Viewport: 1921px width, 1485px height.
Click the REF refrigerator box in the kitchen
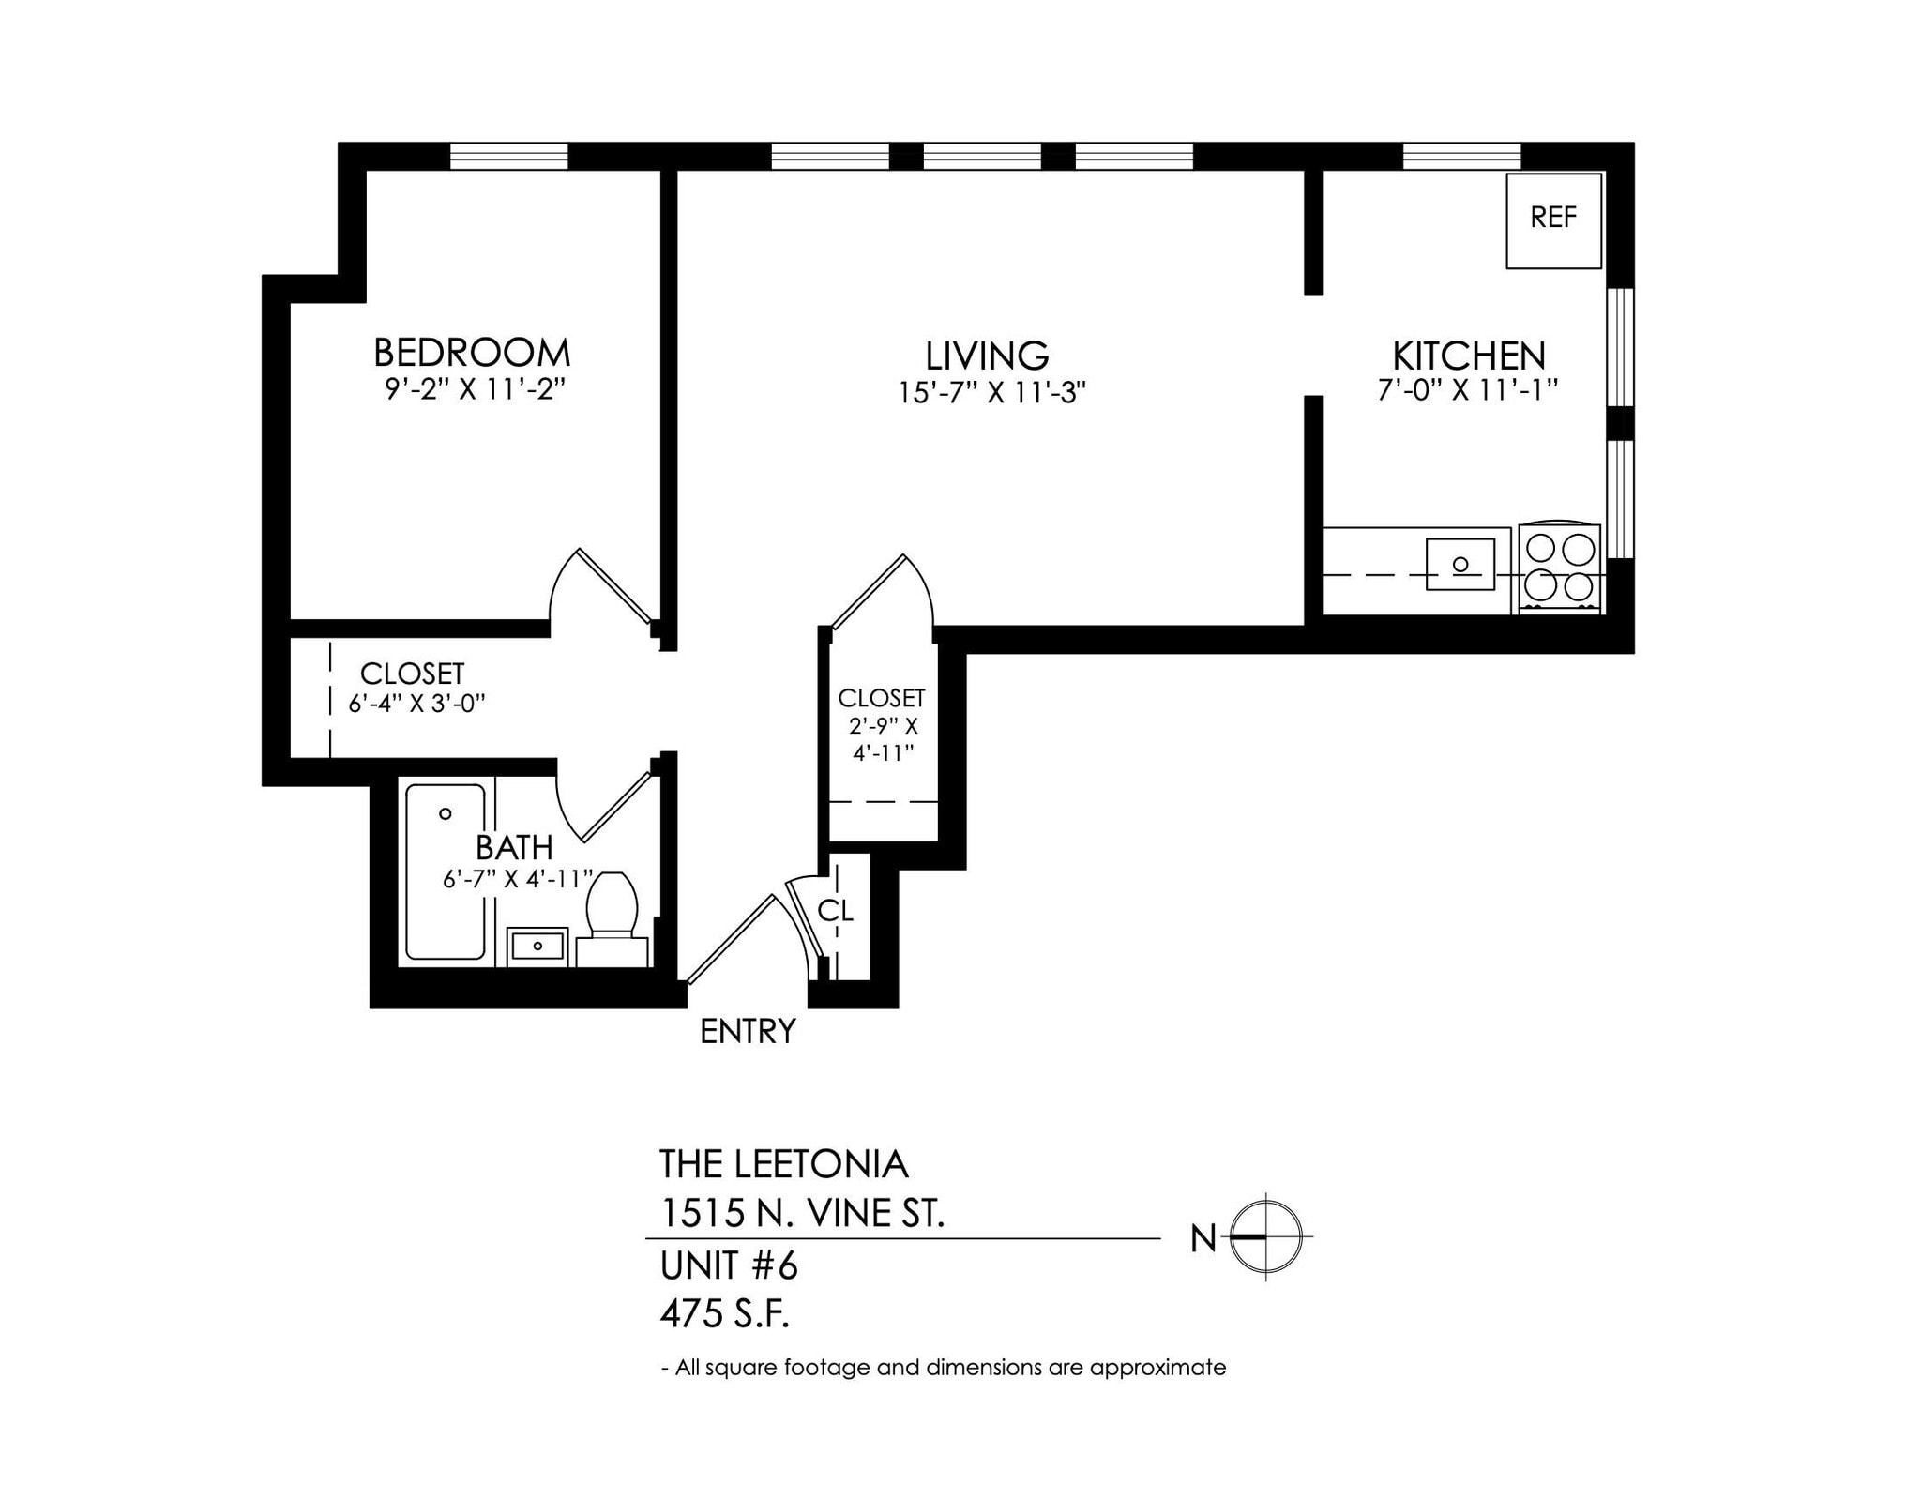pyautogui.click(x=1553, y=220)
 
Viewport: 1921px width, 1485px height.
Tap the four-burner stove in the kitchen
pyautogui.click(x=1559, y=568)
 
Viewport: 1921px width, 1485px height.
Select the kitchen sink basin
pyautogui.click(x=1460, y=564)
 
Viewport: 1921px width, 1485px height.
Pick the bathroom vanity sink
pyautogui.click(x=537, y=946)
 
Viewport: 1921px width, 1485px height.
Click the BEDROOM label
pyautogui.click(x=472, y=353)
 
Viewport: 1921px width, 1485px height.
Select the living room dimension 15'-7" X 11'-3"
pyautogui.click(x=991, y=392)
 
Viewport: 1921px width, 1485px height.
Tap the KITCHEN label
pyautogui.click(x=1468, y=356)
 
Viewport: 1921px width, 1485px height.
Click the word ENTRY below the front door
pyautogui.click(x=748, y=1032)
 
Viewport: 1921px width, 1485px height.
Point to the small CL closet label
pyautogui.click(x=835, y=911)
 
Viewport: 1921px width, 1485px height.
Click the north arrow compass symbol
pyautogui.click(x=1265, y=1237)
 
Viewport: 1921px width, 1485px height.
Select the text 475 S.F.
pyautogui.click(x=724, y=1315)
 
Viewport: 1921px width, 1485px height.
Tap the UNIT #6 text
pyautogui.click(x=729, y=1266)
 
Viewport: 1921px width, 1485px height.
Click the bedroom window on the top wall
pyautogui.click(x=508, y=156)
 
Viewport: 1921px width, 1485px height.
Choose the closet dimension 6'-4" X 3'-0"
pyautogui.click(x=416, y=704)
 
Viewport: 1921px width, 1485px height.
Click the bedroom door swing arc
pyautogui.click(x=563, y=582)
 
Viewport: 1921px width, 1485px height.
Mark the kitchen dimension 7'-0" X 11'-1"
pyautogui.click(x=1467, y=389)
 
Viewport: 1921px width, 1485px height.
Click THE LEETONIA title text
pyautogui.click(x=783, y=1164)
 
